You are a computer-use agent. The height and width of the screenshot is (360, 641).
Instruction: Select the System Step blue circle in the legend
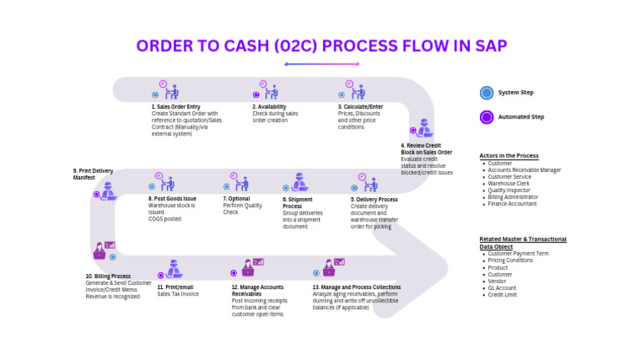point(487,93)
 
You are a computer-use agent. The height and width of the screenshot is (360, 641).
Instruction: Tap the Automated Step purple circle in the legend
point(487,117)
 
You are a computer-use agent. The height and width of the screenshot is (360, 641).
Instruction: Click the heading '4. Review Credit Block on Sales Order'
point(426,149)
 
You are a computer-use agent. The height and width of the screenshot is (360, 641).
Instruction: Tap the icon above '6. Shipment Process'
point(298,183)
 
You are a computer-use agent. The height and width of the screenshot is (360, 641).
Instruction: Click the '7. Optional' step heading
point(237,199)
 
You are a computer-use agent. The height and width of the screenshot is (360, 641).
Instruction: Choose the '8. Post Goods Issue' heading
point(172,199)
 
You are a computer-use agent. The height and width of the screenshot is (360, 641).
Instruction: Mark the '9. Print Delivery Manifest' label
point(93,174)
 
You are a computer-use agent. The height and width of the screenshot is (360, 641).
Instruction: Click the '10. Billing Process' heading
point(108,276)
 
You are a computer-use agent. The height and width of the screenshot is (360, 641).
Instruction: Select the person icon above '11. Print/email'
point(174,269)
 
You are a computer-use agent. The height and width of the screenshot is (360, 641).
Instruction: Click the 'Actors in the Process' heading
point(508,156)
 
